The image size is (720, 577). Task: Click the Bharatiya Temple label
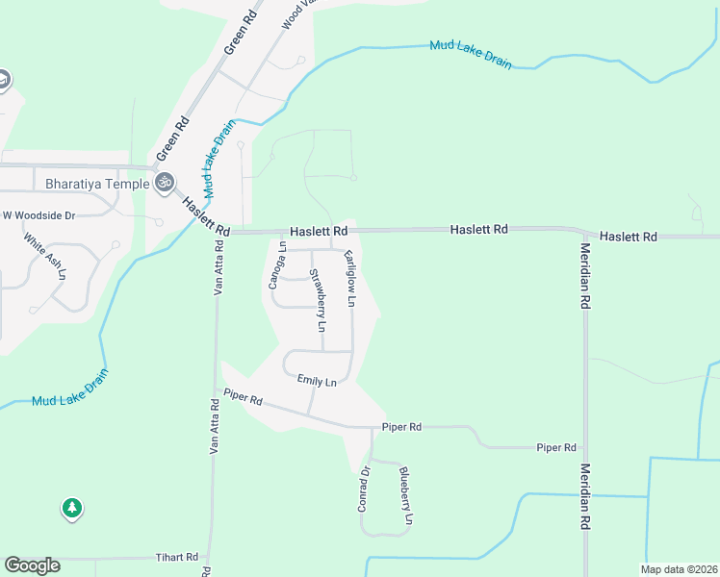point(97,184)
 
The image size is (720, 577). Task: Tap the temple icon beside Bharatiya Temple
point(165,181)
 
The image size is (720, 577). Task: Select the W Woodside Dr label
point(39,215)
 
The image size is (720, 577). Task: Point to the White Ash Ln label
point(45,257)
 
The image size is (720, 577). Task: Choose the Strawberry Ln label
point(317,302)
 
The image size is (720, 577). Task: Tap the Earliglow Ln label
point(350,279)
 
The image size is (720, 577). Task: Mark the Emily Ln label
point(317,382)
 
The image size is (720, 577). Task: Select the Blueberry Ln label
point(406,494)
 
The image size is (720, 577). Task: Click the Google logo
point(32,565)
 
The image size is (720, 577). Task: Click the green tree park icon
point(72,508)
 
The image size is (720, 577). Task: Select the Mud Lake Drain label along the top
point(471,54)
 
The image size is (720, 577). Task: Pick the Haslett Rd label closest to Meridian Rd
point(628,236)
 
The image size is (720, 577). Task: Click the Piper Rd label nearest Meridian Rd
point(556,447)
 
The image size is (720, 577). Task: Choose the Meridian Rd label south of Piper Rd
point(583,496)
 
